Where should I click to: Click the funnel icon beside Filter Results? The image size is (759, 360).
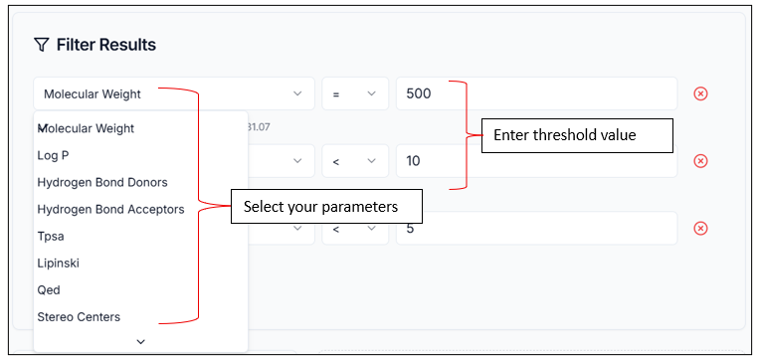coord(41,45)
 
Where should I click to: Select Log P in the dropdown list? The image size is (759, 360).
coord(53,155)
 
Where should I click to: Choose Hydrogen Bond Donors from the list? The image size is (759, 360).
coord(101,182)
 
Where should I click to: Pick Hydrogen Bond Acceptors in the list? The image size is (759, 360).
coord(110,209)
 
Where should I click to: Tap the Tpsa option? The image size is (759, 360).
coord(51,236)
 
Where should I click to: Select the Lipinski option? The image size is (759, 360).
coord(58,263)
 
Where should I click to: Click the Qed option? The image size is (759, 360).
coord(49,289)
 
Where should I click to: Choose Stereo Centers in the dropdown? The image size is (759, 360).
coord(79,316)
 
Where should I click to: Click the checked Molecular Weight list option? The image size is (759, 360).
coord(86,128)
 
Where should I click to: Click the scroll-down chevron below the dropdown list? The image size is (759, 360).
coord(140,341)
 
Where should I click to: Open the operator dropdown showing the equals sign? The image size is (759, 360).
coord(353,93)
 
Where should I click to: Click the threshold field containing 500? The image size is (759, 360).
coord(535,93)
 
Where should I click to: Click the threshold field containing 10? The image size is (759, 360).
coord(535,161)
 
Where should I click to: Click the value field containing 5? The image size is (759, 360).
coord(535,228)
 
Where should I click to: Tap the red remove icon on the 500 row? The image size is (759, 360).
coord(700,93)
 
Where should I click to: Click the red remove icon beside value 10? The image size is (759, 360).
coord(700,161)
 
